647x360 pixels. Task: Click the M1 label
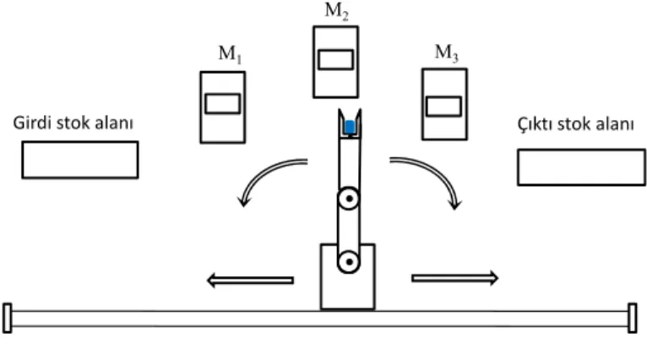click(230, 54)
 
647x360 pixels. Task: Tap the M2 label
click(337, 11)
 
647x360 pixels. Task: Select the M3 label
click(447, 53)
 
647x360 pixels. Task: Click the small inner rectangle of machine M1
click(223, 104)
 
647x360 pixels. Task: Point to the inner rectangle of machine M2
click(336, 59)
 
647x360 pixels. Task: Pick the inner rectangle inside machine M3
click(444, 106)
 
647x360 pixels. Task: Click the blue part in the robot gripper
click(350, 127)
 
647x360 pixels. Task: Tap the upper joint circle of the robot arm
click(349, 199)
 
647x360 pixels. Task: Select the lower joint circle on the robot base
click(349, 262)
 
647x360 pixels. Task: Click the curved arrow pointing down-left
click(261, 172)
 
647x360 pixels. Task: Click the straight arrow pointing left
click(250, 281)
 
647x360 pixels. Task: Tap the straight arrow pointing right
click(454, 278)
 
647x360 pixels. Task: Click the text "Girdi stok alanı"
click(73, 123)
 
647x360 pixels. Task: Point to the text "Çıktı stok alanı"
click(575, 124)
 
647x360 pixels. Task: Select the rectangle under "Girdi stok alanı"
click(80, 160)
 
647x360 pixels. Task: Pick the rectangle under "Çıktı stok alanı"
click(581, 167)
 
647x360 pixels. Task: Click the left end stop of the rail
click(8, 318)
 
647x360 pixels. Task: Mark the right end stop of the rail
click(633, 318)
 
